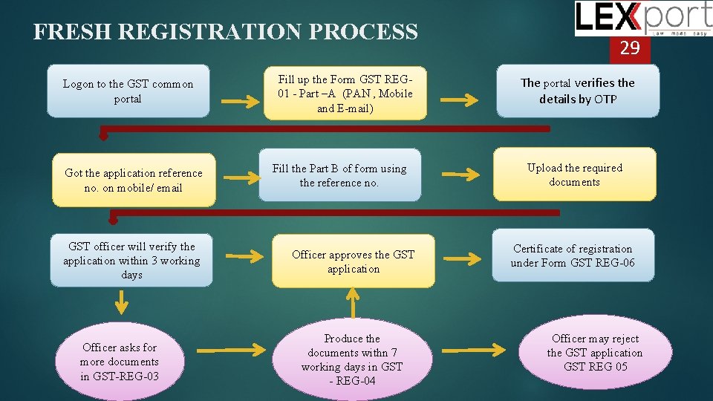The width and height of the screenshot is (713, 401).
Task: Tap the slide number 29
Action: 630,49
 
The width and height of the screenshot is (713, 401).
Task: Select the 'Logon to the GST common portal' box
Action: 128,91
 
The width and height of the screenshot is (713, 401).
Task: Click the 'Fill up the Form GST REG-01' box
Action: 345,94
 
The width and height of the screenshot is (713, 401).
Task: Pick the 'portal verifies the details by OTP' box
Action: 578,91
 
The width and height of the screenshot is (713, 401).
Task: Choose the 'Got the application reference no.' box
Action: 134,180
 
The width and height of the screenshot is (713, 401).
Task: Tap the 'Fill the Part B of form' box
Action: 339,175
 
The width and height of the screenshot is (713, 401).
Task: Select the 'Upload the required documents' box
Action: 574,175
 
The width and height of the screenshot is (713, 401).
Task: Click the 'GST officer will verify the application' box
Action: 131,261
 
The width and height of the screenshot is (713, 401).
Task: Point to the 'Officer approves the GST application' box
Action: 353,261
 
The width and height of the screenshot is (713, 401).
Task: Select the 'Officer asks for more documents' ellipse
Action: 120,362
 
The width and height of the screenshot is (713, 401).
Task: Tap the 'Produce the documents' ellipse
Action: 352,360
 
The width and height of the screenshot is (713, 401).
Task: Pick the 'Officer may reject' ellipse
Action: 594,353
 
